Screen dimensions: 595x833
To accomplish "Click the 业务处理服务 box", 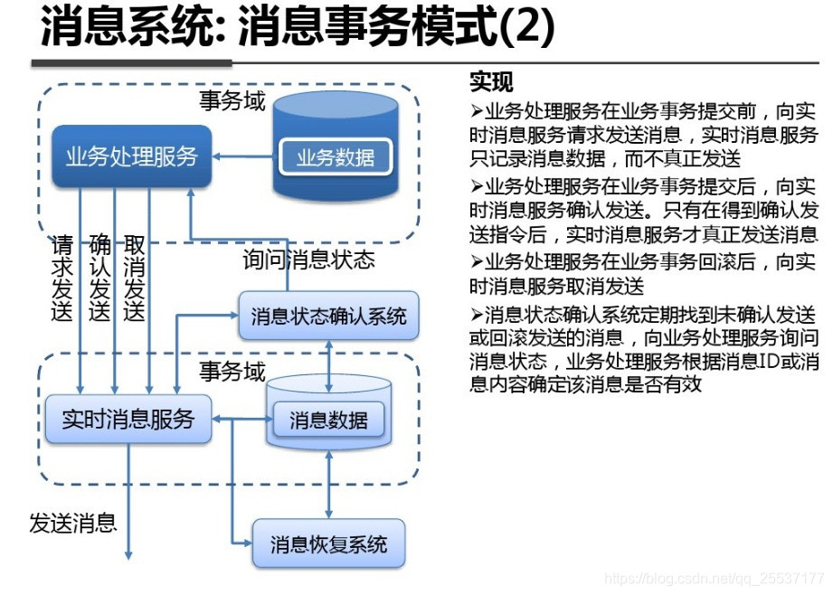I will pos(131,156).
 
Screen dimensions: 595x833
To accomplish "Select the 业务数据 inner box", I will pos(335,158).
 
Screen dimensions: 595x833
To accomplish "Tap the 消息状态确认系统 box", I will pos(328,316).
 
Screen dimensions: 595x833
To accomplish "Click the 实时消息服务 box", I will pos(128,419).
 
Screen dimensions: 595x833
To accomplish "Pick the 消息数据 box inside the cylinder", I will pos(328,420).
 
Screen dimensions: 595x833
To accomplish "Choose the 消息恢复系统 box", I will pos(328,543).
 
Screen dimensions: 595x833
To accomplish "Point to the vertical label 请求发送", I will pos(62,279).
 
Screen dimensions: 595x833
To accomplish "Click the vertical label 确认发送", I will pos(99,279).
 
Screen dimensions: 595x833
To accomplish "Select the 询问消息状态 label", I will pos(308,260).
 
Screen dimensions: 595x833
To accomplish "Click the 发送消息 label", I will pos(72,523).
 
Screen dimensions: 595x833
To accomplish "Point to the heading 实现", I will pos(491,82).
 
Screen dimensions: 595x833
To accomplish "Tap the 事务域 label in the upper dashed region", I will pos(232,100).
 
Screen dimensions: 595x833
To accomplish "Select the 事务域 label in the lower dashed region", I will pos(232,371).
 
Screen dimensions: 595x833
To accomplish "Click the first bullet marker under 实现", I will pos(477,111).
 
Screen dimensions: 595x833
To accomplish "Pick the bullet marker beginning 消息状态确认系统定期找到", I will pos(477,316).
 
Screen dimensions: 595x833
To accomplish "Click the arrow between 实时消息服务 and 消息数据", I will pos(241,419).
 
